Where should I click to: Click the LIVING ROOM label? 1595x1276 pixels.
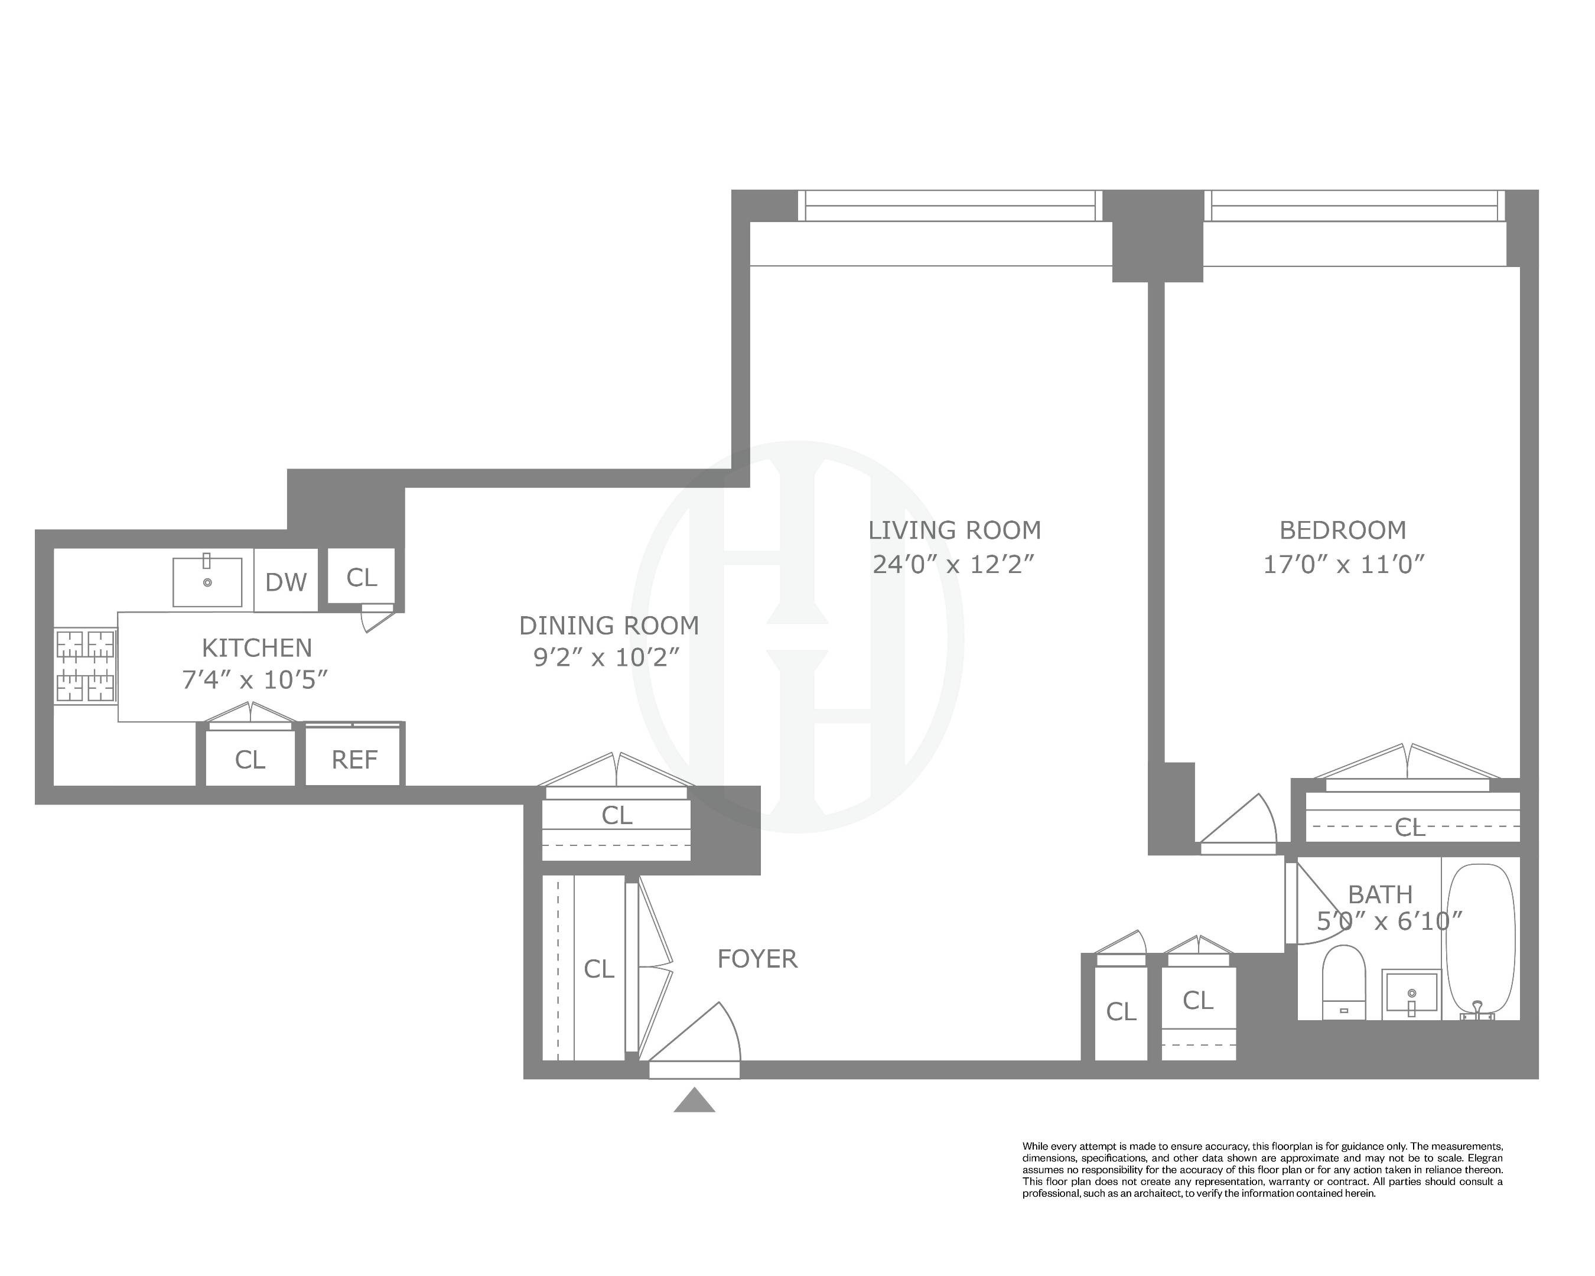coord(954,530)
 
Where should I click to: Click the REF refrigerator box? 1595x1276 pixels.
coord(354,760)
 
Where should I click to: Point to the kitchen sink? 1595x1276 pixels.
coord(207,581)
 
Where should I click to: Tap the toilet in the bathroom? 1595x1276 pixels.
coord(1343,981)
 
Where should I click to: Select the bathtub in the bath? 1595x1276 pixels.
coord(1480,939)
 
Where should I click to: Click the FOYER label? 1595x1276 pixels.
coord(757,959)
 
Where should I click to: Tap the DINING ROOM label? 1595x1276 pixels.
coord(609,626)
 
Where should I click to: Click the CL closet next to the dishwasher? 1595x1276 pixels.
coord(362,577)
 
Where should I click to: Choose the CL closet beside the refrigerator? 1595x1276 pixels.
coord(250,760)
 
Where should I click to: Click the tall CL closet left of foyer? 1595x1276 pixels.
coord(598,969)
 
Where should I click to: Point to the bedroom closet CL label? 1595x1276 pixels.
coord(1410,828)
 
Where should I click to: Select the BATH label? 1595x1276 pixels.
coord(1380,894)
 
